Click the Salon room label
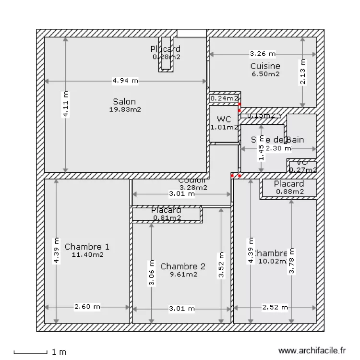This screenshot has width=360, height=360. point(124,101)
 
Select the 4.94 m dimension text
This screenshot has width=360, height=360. point(125,81)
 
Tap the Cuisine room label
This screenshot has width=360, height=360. point(265,66)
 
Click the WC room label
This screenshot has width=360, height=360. point(224,119)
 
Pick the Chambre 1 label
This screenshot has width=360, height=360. point(87,247)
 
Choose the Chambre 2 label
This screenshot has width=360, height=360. point(183,266)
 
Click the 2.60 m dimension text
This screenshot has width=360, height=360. point(87,307)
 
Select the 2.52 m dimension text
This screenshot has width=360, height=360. point(275,307)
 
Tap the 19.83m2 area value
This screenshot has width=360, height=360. point(124,109)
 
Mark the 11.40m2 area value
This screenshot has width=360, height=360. point(87,255)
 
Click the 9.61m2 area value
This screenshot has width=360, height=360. point(183,275)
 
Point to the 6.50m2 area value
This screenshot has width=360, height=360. point(265,74)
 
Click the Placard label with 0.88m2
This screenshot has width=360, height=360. point(289,184)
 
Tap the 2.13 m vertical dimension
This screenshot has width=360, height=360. point(302,72)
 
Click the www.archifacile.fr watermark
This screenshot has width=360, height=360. point(312,351)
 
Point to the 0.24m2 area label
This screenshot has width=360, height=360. point(224,98)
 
